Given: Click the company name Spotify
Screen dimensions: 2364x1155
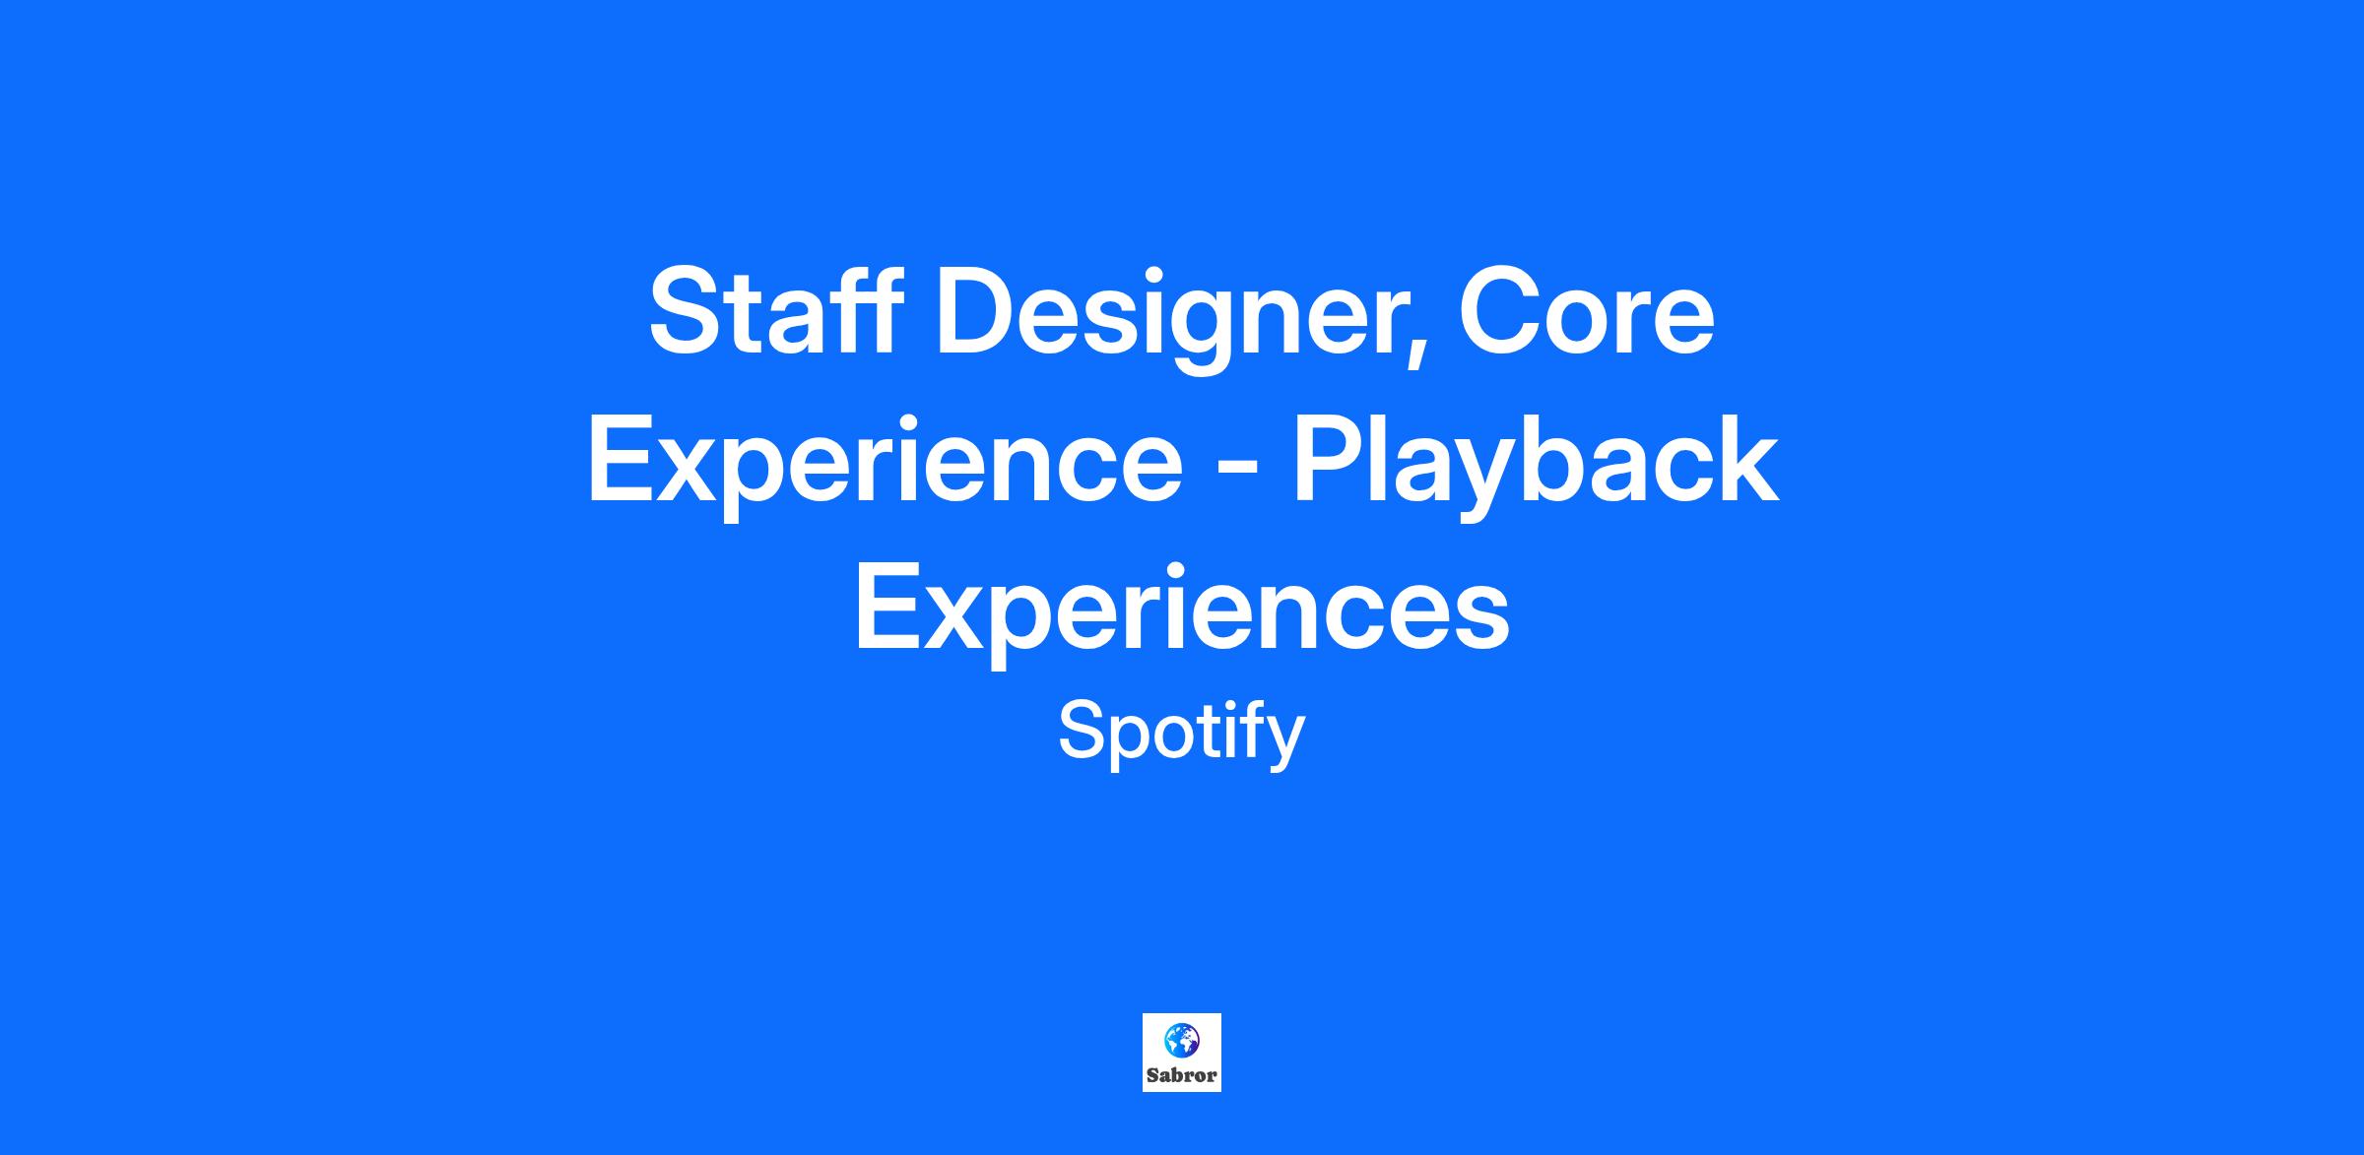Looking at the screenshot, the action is [x=1182, y=735].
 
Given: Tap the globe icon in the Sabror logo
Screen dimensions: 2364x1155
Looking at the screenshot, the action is [x=1181, y=1040].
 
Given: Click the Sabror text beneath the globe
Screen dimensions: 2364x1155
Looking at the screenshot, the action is [x=1181, y=1075].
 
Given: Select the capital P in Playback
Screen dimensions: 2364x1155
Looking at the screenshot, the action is [x=1330, y=458].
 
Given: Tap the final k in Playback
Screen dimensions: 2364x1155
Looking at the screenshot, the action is [x=1744, y=457].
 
